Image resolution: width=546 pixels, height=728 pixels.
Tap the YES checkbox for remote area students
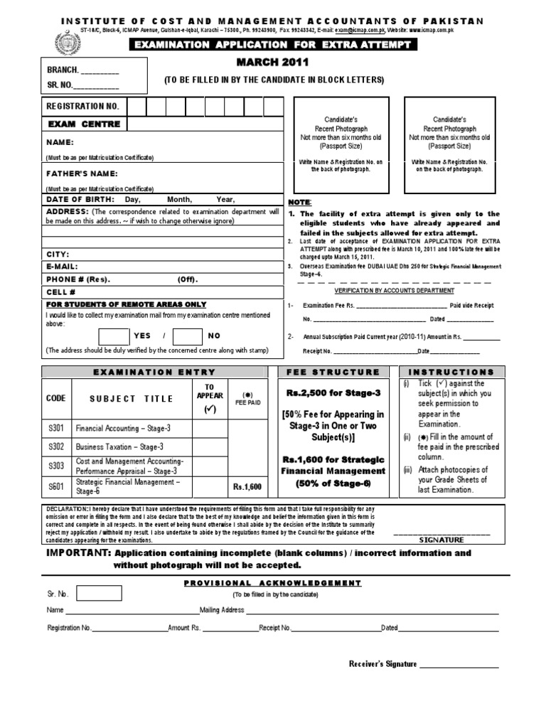click(113, 336)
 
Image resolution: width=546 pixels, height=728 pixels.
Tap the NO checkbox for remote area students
click(188, 336)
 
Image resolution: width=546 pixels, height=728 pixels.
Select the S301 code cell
click(56, 429)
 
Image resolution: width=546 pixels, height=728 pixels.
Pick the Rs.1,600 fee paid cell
click(247, 487)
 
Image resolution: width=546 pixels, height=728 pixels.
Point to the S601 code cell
click(56, 486)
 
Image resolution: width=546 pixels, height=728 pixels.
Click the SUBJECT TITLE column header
click(131, 399)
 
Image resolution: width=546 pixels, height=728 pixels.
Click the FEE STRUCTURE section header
click(332, 372)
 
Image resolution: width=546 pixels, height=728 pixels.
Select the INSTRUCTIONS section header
click(451, 372)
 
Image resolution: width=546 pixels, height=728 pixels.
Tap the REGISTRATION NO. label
click(82, 107)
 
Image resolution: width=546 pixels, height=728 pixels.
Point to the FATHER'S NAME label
click(82, 173)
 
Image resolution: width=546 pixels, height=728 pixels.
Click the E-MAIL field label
click(63, 267)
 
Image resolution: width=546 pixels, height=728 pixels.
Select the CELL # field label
click(60, 292)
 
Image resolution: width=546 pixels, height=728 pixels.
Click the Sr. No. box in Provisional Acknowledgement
click(99, 593)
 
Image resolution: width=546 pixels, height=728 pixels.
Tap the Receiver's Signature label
click(382, 664)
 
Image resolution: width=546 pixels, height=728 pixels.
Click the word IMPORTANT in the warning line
click(77, 553)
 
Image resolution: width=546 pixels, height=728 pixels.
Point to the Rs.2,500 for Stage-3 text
click(333, 392)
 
